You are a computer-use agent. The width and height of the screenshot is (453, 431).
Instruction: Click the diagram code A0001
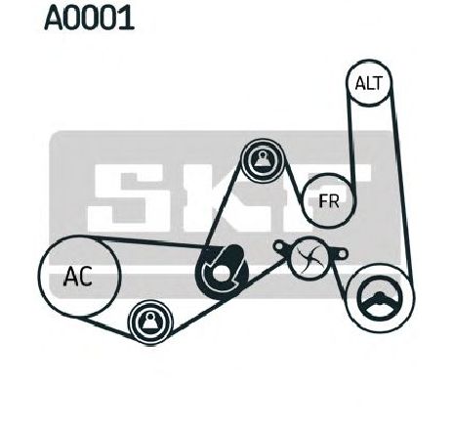coord(89,18)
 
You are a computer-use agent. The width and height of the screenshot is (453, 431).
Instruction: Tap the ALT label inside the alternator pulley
coord(369,83)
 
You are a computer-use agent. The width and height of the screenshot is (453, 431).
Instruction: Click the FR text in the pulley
coord(329,200)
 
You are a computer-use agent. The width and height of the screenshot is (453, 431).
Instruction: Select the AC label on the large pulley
coord(78,277)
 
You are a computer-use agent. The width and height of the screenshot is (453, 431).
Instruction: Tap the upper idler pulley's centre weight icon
coord(262,159)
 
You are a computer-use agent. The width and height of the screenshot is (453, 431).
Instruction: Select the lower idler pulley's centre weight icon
coord(150,322)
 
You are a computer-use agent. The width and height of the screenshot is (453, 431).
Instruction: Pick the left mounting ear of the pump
coord(280,245)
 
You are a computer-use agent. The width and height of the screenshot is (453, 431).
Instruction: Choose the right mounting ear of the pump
coord(340,253)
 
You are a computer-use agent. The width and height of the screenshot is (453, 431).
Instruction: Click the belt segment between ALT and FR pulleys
coord(351,140)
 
